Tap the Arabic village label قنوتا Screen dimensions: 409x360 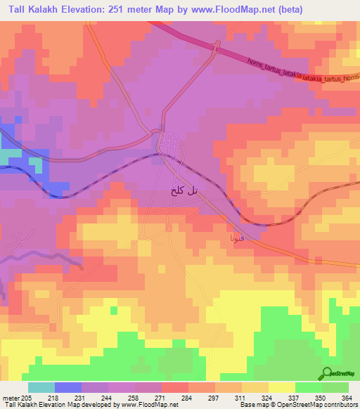[236, 239]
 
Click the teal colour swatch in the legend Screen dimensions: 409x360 [41, 387]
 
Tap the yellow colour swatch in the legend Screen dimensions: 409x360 [281, 387]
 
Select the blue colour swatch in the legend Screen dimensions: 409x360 [67, 387]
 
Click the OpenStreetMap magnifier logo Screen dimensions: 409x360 [328, 372]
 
